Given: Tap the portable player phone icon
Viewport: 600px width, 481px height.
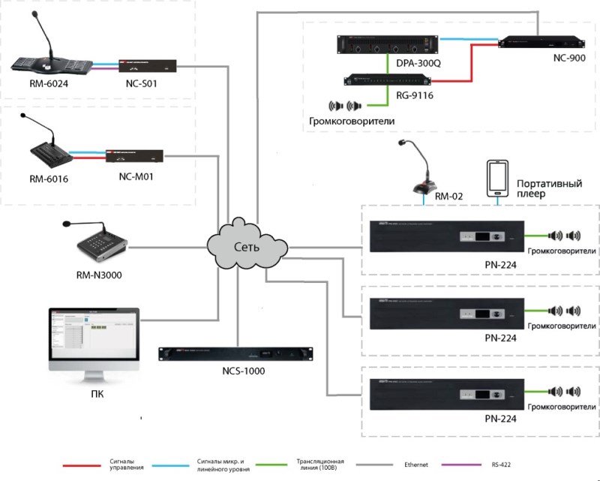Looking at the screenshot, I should point(495,181).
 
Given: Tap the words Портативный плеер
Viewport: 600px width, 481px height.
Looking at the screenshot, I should point(544,188).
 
